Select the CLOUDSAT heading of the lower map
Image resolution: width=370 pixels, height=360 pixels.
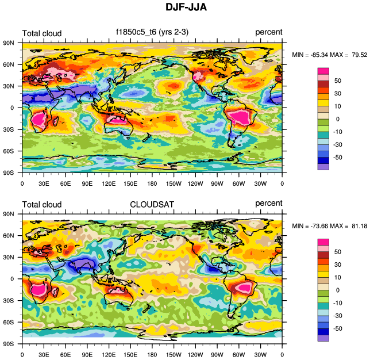coord(153,204)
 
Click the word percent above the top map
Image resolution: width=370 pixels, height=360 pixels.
coord(268,33)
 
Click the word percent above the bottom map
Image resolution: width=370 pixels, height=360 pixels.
coord(268,203)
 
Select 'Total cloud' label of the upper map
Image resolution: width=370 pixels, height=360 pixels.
coord(41,33)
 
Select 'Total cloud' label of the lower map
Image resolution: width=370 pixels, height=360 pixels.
coord(41,204)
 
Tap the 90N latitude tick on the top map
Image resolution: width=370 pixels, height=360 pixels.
coord(8,43)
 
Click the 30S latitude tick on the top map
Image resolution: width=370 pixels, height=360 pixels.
coord(8,129)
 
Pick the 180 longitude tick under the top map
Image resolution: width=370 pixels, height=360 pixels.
coord(152,184)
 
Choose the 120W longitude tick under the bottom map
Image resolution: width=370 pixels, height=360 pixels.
coord(195,355)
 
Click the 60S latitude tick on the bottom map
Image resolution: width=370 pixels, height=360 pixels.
coord(8,322)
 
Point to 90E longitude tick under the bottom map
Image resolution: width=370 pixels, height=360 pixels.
coord(87,355)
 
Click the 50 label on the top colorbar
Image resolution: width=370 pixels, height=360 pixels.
coord(338,81)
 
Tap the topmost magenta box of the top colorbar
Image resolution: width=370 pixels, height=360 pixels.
coord(323,71)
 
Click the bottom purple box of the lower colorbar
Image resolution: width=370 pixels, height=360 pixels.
coord(323,338)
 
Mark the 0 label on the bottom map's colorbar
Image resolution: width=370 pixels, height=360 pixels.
coord(338,290)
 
